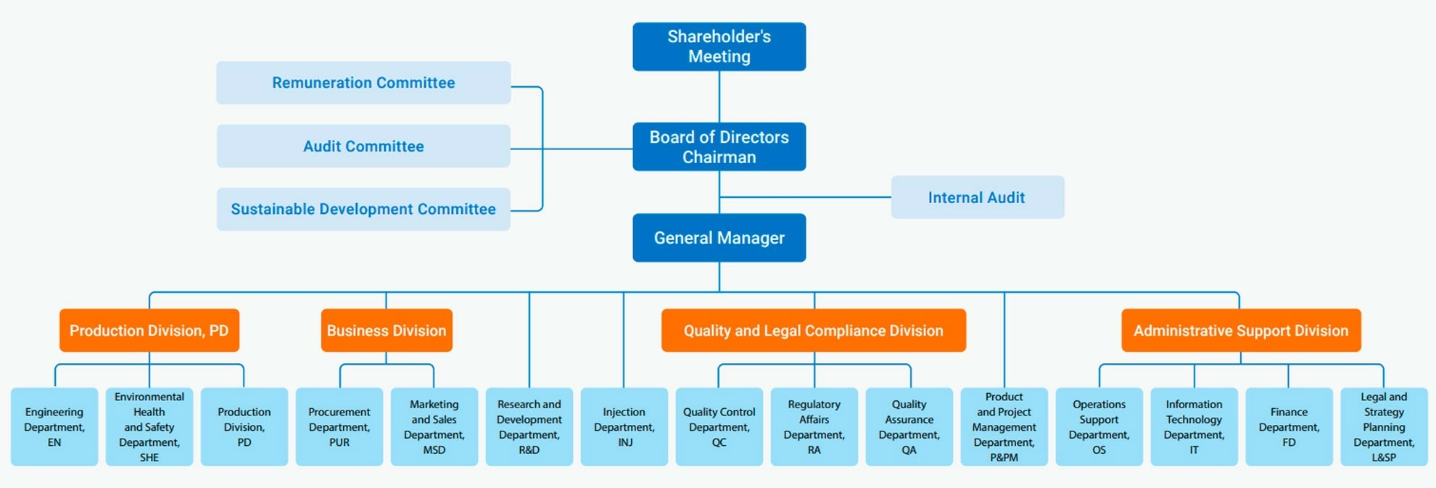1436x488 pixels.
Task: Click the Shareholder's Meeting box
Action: pyautogui.click(x=719, y=46)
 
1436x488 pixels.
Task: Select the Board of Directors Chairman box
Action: pyautogui.click(x=719, y=146)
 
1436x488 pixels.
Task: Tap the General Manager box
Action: pyautogui.click(x=719, y=238)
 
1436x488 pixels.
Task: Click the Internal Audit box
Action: pyautogui.click(x=977, y=197)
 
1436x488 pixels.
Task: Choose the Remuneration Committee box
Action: pyautogui.click(x=363, y=83)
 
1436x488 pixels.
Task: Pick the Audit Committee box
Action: pyautogui.click(x=363, y=146)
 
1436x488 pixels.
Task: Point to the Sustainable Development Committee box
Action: pyautogui.click(x=363, y=210)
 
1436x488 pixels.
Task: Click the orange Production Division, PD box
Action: pyautogui.click(x=149, y=331)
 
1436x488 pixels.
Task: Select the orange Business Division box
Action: pyautogui.click(x=387, y=331)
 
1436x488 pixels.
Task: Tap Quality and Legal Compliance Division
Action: pyautogui.click(x=813, y=331)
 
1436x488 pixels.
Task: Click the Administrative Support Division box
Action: pyautogui.click(x=1241, y=331)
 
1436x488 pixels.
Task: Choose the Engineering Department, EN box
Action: pyautogui.click(x=54, y=427)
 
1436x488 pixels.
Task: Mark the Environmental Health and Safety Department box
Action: pyautogui.click(x=149, y=427)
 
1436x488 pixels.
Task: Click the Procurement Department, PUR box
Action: pyautogui.click(x=339, y=427)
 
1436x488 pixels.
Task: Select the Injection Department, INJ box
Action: pyautogui.click(x=624, y=427)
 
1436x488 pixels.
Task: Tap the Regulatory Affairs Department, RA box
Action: pyautogui.click(x=814, y=427)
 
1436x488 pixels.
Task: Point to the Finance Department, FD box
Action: pyautogui.click(x=1289, y=427)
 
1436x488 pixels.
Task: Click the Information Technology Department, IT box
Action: pyautogui.click(x=1194, y=427)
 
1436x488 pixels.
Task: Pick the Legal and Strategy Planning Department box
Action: pyautogui.click(x=1384, y=427)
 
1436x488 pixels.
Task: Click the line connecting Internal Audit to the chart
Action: pyautogui.click(x=805, y=197)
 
